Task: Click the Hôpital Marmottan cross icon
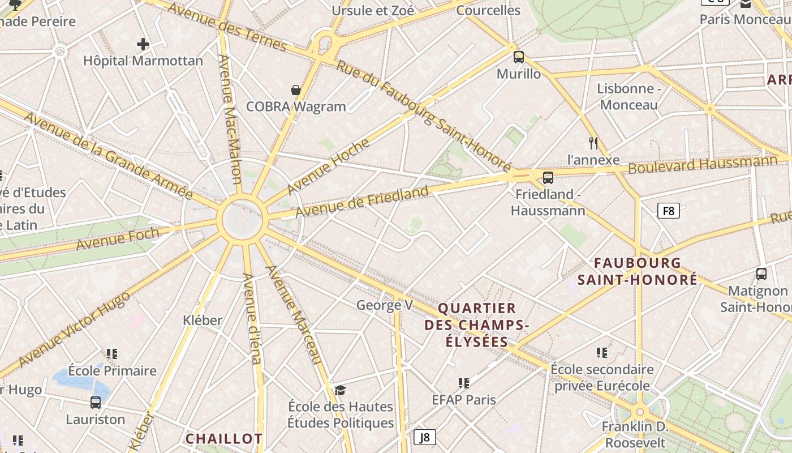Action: [x=143, y=44]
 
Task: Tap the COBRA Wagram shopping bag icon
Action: [x=295, y=90]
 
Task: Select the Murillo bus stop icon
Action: [x=519, y=57]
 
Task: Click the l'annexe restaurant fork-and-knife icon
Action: [x=593, y=143]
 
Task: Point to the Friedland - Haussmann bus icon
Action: [x=548, y=178]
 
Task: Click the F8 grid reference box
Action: [x=669, y=211]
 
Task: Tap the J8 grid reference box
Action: [x=425, y=437]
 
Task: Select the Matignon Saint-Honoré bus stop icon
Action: [x=761, y=274]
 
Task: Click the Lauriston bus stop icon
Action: [x=96, y=403]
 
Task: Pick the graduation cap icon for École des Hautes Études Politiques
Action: [x=340, y=390]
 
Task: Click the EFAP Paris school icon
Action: [x=464, y=383]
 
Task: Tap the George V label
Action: [x=384, y=305]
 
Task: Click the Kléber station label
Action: [x=203, y=320]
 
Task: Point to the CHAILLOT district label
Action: [x=224, y=438]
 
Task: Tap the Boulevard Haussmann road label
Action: [x=703, y=165]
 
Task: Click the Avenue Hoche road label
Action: [x=328, y=166]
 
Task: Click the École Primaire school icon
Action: [x=112, y=354]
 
